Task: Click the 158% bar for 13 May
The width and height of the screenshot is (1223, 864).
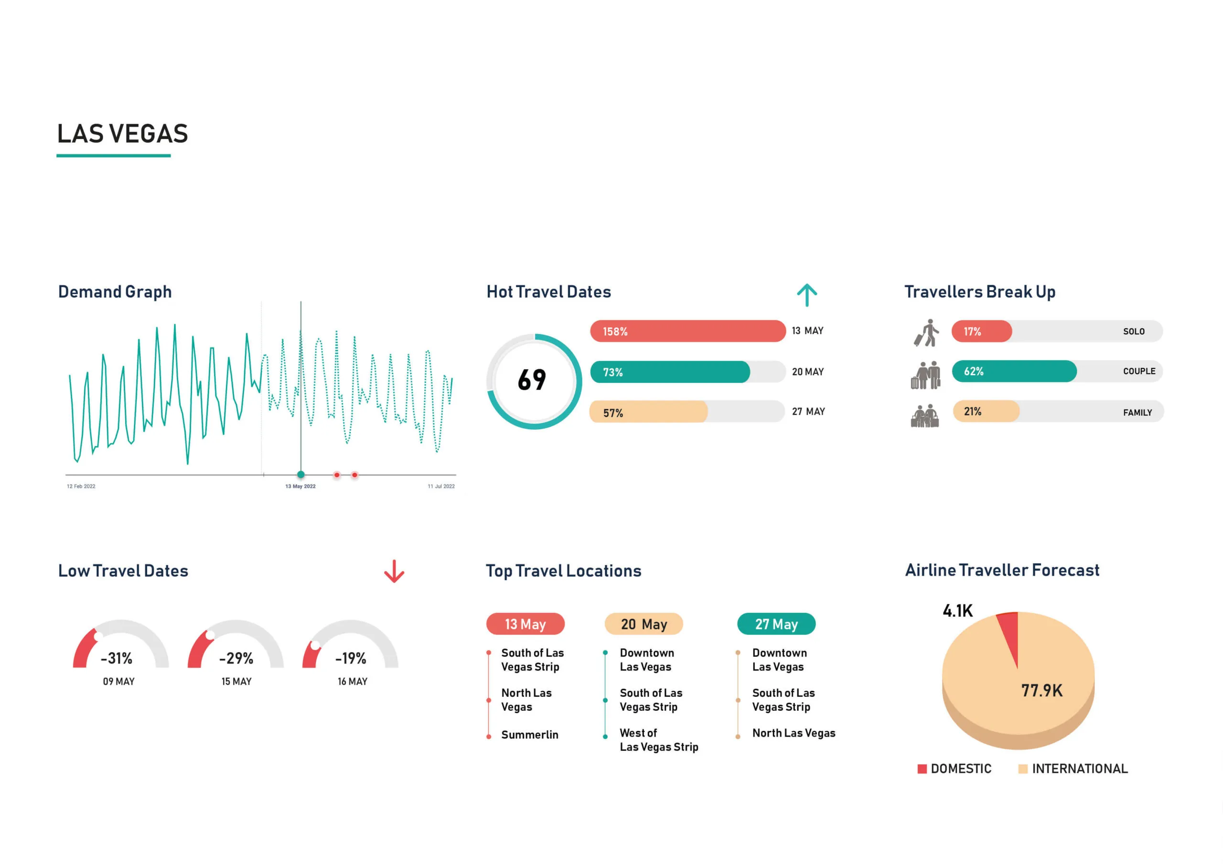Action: pos(687,331)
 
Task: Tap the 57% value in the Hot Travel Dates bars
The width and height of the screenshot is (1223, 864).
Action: pos(612,413)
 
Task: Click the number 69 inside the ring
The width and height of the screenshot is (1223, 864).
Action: pos(532,380)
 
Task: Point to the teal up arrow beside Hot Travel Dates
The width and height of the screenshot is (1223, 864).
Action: pos(806,295)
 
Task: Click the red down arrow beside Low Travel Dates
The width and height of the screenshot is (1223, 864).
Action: pos(394,571)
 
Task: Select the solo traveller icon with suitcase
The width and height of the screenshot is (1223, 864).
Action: pos(927,333)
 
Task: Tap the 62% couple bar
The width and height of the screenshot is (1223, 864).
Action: pos(1014,371)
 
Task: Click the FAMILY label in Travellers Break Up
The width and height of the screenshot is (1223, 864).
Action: pos(1137,412)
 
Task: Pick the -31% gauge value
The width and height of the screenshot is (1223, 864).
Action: pos(117,659)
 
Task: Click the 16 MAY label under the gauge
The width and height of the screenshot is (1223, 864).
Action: pos(352,681)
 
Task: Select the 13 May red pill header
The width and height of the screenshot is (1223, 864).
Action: pos(525,624)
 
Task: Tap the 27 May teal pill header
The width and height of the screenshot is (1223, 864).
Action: pos(776,624)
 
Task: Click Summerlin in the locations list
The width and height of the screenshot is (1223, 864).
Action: pos(529,735)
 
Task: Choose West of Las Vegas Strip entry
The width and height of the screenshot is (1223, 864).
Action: pos(658,740)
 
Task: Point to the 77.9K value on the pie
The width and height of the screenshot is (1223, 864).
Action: pos(1041,690)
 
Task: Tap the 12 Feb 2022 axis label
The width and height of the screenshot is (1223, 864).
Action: pos(81,486)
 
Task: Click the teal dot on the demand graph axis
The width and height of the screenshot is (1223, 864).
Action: pos(301,474)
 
